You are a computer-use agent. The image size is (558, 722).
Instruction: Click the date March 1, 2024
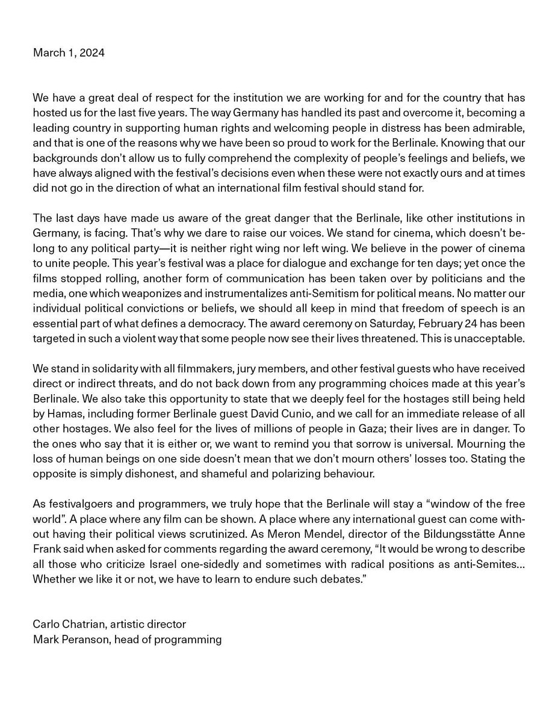pos(68,53)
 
